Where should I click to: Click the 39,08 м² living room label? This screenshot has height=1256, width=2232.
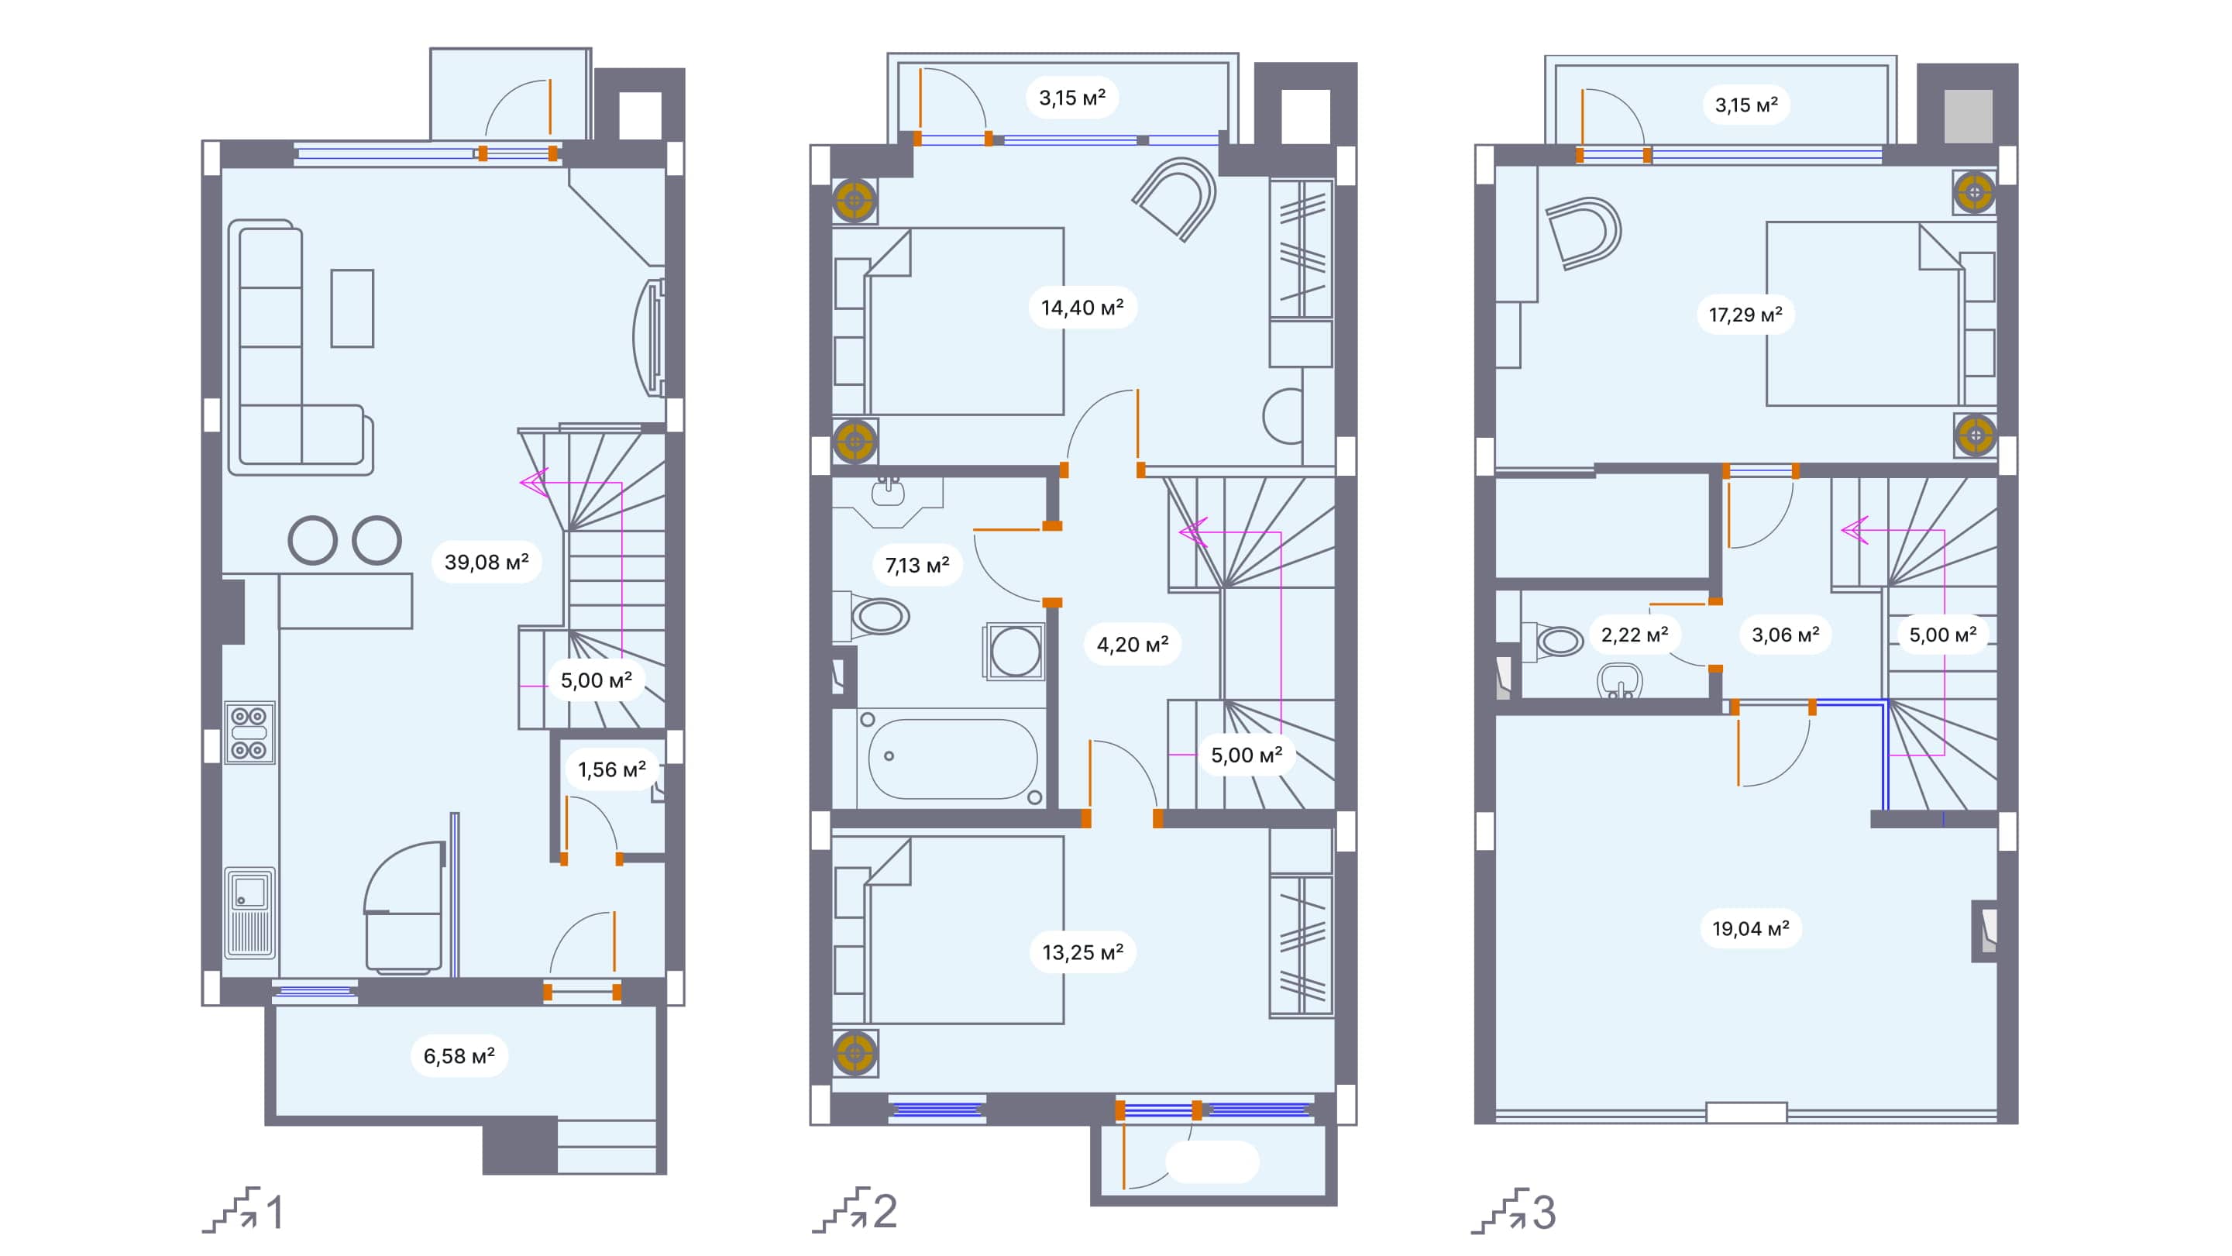[486, 562]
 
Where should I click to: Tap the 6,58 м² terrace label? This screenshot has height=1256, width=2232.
[459, 1056]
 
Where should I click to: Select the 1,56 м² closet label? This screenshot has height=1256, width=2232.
[612, 769]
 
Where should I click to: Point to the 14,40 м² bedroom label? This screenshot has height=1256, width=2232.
[1082, 308]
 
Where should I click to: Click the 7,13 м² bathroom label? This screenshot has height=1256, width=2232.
[917, 565]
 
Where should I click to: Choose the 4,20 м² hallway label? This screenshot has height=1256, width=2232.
[1133, 645]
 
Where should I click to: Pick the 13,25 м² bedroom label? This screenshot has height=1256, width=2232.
[1082, 952]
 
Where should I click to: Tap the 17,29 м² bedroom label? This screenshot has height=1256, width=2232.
[1745, 315]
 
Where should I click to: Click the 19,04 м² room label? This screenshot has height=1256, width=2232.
[1750, 929]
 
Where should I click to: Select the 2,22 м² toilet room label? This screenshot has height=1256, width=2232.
[1634, 635]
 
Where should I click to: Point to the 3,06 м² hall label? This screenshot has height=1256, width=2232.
[1785, 635]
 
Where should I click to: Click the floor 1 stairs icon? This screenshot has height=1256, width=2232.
[232, 1210]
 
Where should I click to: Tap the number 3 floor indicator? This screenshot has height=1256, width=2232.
[1544, 1212]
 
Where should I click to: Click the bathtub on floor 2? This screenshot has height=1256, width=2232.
[951, 759]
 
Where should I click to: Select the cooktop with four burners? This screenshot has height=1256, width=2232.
[249, 732]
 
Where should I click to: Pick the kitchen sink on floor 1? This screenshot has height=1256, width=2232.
[249, 912]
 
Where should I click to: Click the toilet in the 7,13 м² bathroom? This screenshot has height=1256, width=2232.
[877, 616]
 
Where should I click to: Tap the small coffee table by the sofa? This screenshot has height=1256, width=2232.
[352, 308]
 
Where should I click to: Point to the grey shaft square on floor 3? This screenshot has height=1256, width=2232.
[1968, 115]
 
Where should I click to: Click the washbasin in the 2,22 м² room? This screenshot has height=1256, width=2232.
[1618, 680]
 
